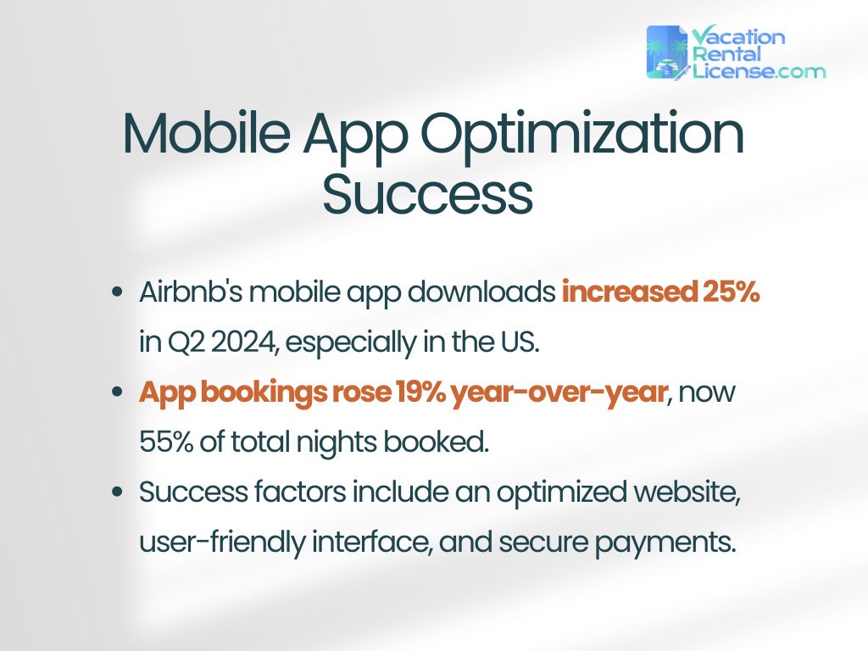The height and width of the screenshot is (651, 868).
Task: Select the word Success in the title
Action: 427,194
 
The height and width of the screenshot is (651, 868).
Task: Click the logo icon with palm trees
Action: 667,53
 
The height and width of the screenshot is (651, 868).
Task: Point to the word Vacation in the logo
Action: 738,36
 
